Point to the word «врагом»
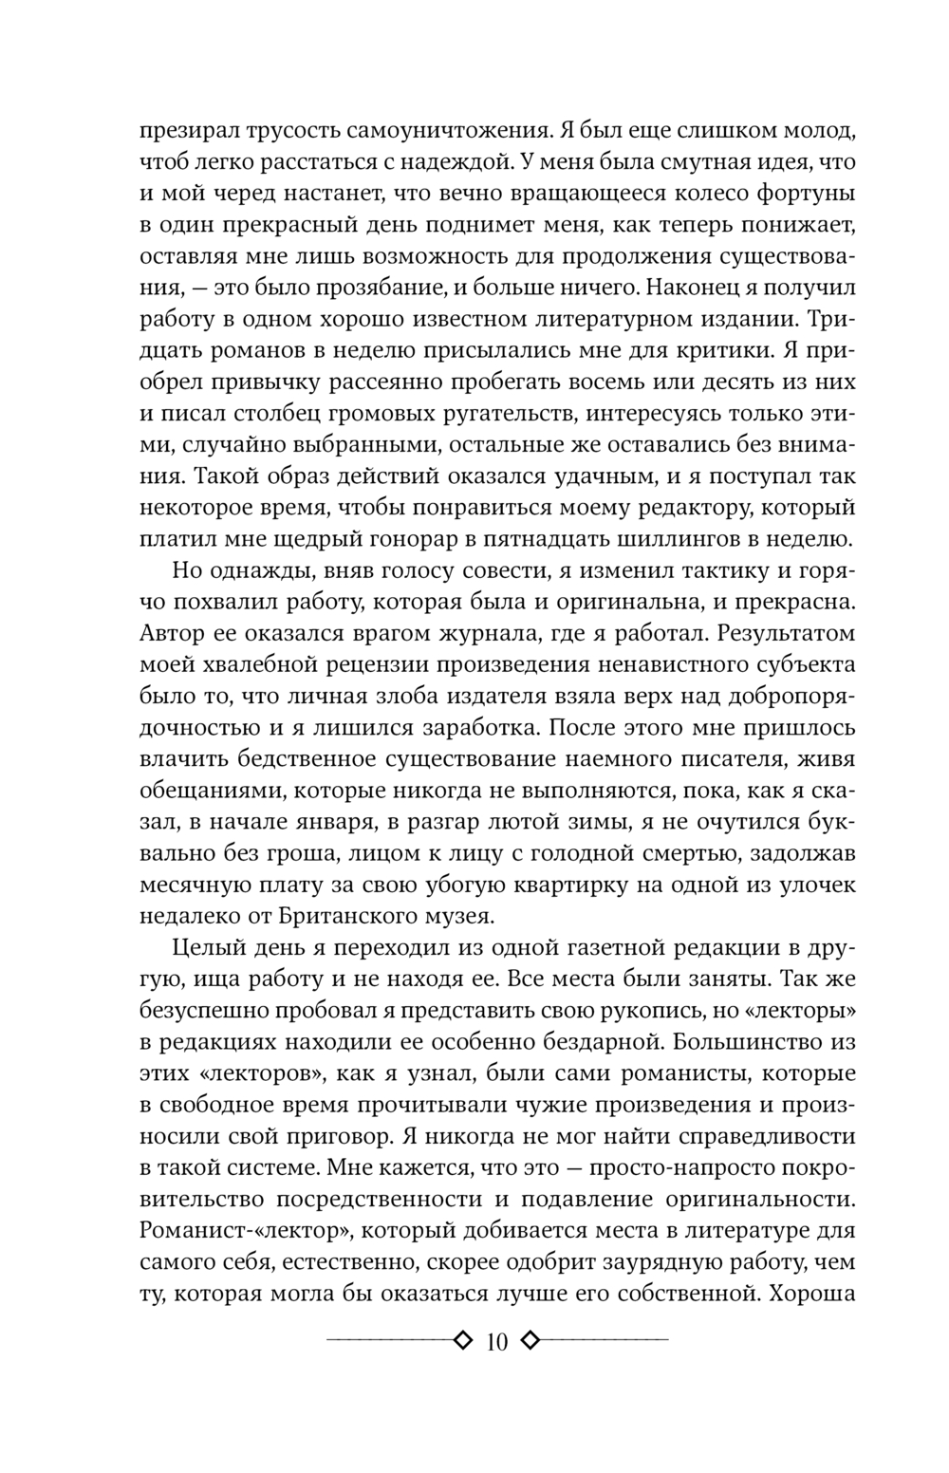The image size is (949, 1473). point(407,633)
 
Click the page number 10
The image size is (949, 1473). point(496,1341)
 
